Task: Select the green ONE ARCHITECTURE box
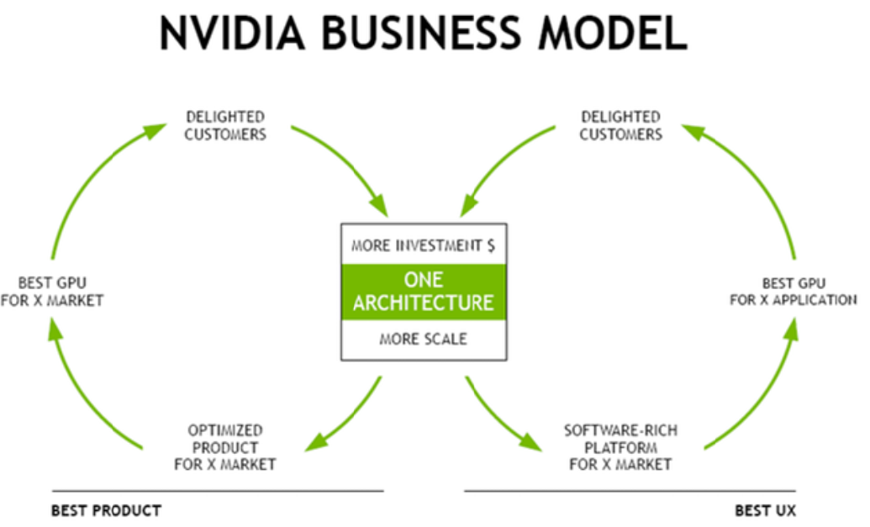pos(423,291)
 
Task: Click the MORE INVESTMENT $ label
pos(423,246)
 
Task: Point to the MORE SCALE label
pos(423,340)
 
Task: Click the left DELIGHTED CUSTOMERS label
pos(225,125)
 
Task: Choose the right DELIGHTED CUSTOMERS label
pos(620,125)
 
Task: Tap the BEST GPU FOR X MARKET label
pos(51,292)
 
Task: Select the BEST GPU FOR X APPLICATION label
pos(794,292)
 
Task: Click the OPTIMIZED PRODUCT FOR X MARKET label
pos(225,447)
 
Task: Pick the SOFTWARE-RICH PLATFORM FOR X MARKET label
pos(620,447)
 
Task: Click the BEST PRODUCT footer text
pos(106,510)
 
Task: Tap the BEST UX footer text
pos(765,510)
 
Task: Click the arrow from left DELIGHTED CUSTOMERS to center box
pos(345,164)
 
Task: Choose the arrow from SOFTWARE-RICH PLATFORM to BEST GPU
pos(765,387)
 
